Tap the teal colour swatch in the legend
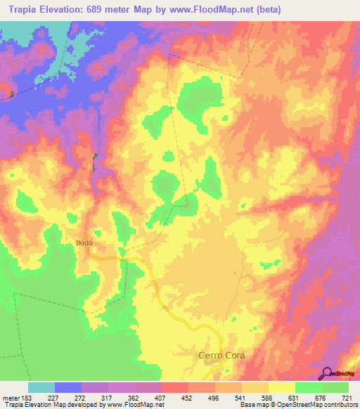click(41, 388)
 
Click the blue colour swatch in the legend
click(68, 388)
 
